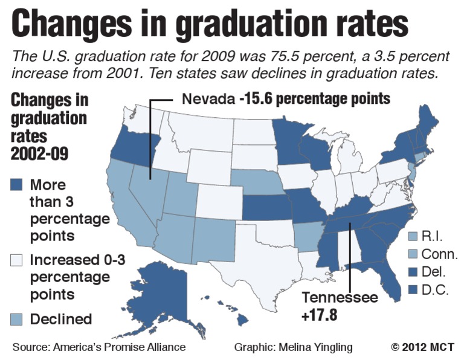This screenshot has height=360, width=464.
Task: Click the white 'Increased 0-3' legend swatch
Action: click(18, 261)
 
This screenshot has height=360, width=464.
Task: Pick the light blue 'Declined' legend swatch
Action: click(18, 319)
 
